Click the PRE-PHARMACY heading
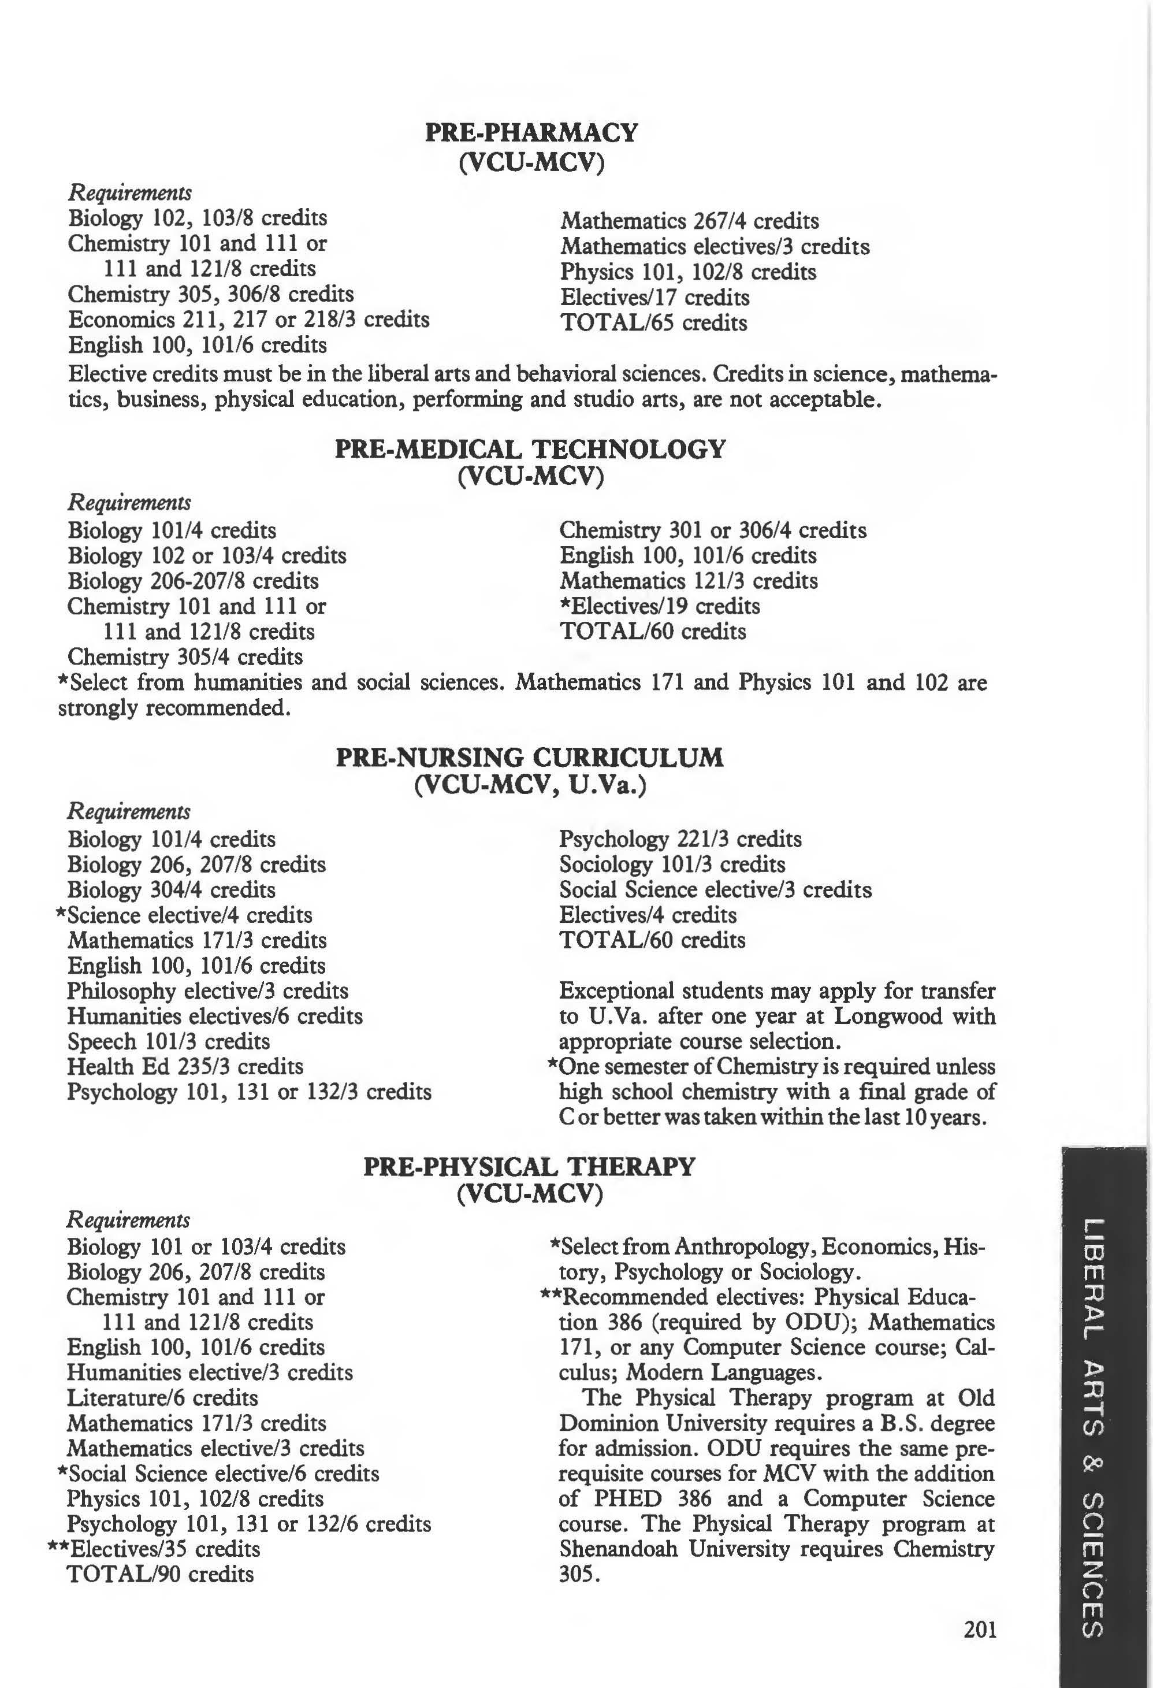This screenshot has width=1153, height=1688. coord(531,133)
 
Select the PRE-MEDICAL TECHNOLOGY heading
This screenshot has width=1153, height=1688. coord(530,449)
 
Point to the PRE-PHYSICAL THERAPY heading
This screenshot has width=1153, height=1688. coord(529,1167)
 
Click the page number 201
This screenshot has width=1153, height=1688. coord(980,1630)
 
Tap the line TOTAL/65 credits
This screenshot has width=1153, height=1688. coord(653,322)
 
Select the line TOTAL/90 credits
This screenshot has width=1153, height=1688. coord(160,1574)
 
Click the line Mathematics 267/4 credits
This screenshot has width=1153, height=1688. coord(689,221)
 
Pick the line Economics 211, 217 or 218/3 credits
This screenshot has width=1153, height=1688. coord(248,320)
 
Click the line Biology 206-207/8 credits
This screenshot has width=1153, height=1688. coord(192,581)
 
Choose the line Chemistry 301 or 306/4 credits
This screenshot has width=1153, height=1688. coord(712,530)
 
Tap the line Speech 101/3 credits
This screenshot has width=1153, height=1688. coord(169,1041)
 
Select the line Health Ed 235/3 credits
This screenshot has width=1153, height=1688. coord(185,1066)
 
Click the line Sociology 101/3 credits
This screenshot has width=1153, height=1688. coord(672,865)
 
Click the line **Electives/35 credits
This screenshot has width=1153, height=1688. coord(154,1549)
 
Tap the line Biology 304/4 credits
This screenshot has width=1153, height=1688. coord(172,890)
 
